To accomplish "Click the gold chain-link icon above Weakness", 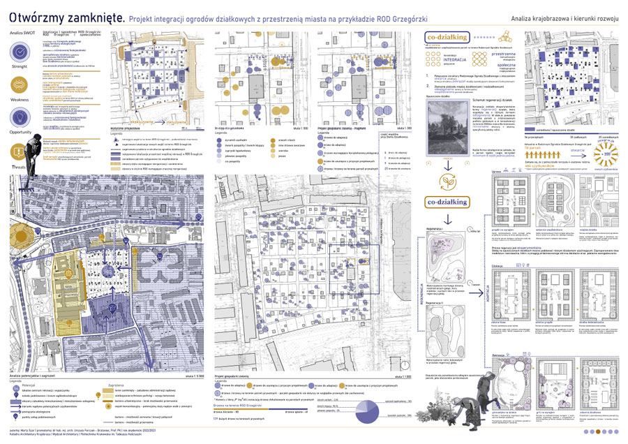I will [x=20, y=85].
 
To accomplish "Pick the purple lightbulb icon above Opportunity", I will [x=20, y=117].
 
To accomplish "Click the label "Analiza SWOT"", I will [x=19, y=34].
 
